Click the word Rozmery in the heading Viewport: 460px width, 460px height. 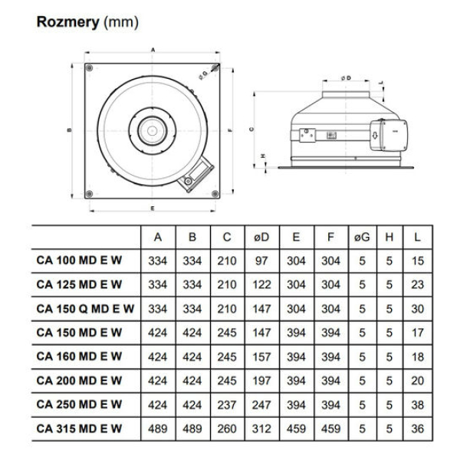pos(68,22)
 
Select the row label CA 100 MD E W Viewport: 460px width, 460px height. pos(79,260)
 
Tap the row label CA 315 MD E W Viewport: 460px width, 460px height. pos(79,428)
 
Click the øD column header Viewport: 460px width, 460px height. pos(261,237)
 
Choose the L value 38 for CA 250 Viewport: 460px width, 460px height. pos(417,404)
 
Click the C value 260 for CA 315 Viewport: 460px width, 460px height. pos(226,428)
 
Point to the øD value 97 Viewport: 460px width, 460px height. pos(261,261)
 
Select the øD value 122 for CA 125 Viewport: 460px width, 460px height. pos(261,284)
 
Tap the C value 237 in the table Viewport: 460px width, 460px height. pos(226,404)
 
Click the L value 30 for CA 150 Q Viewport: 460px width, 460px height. pos(417,308)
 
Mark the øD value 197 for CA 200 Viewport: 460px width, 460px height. pos(261,380)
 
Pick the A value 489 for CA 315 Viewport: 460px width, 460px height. pos(157,428)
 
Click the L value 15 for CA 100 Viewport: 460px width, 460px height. pos(417,261)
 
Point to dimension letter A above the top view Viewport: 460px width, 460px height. pos(153,49)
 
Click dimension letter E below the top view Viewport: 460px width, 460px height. pos(153,209)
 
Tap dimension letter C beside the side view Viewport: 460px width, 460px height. pos(251,130)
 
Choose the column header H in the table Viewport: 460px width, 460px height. pos(389,237)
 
